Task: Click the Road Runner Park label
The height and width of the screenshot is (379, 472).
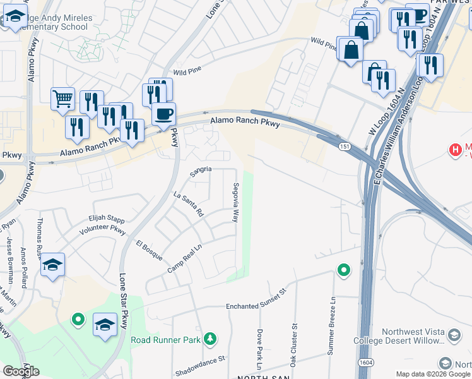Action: click(165, 340)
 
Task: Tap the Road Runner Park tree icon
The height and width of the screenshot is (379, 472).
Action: click(209, 340)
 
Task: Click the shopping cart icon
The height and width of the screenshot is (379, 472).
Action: click(62, 99)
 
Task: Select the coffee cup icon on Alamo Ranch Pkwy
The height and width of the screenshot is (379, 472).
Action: click(163, 114)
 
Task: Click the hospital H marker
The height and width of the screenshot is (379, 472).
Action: click(454, 150)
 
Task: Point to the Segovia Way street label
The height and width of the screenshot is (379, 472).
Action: click(235, 203)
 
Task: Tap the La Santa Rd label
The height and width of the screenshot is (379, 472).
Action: click(188, 206)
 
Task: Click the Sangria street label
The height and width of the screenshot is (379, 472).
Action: click(201, 170)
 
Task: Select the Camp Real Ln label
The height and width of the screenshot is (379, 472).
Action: click(184, 260)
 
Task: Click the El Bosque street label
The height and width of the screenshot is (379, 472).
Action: click(150, 250)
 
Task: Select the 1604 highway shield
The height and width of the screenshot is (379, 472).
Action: click(366, 363)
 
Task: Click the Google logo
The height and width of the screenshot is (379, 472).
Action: click(21, 371)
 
